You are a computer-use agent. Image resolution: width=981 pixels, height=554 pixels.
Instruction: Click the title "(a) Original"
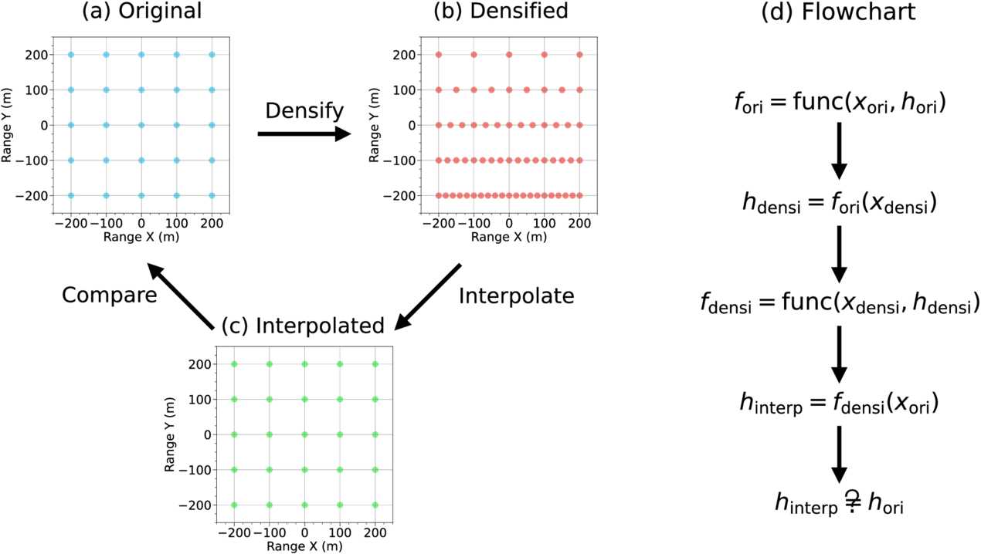142,11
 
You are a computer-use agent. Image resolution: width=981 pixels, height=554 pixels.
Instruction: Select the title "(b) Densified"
501,11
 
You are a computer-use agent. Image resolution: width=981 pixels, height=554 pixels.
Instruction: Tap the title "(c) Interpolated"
303,326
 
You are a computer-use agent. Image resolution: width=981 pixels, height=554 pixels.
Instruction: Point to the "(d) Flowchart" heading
838,11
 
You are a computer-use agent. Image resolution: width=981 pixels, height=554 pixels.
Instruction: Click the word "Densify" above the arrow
304,110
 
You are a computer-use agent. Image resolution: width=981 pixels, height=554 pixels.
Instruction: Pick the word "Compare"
110,296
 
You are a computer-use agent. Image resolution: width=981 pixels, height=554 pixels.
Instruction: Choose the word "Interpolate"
516,296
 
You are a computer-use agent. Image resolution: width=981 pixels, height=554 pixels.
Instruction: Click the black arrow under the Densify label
304,133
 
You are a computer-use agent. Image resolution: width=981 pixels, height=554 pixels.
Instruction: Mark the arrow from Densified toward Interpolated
427,297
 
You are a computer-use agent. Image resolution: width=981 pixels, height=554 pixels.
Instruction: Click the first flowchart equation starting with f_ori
840,103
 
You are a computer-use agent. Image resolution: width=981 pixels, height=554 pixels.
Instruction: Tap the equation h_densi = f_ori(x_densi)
840,204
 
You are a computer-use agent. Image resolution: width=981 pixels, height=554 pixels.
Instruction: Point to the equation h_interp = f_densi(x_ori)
840,403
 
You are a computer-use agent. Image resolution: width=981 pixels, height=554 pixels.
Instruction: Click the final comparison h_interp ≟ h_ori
839,503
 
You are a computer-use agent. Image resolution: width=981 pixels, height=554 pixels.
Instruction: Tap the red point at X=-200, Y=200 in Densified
439,55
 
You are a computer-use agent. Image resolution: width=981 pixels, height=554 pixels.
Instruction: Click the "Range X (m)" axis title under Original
141,237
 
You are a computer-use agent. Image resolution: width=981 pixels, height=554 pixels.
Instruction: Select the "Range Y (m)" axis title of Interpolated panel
170,434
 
